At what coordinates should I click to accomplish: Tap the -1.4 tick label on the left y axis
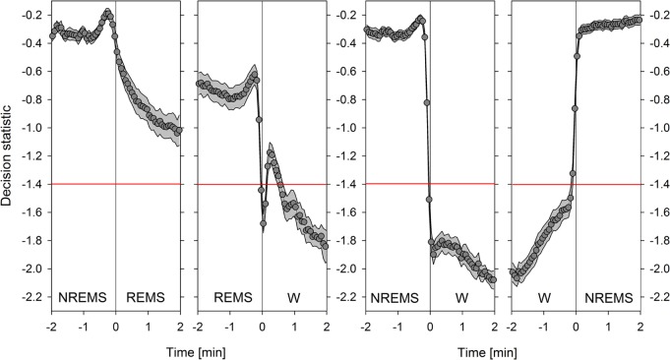(31, 185)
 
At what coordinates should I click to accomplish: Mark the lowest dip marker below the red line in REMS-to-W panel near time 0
(264, 223)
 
